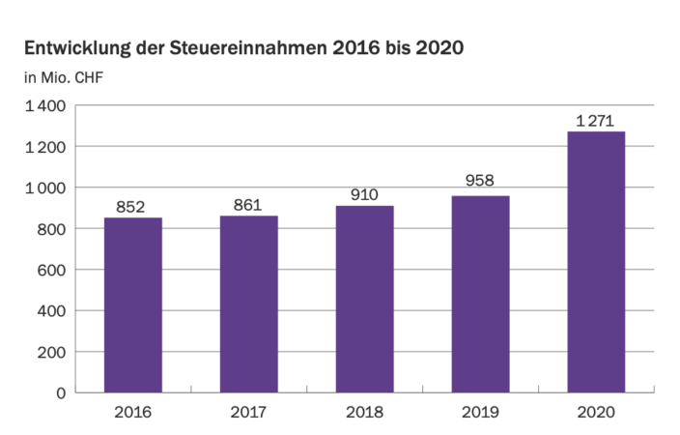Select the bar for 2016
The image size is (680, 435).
133,304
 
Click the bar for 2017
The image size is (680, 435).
248,304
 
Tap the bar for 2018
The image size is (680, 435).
364,299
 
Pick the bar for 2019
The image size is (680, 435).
480,294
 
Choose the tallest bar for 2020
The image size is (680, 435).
596,262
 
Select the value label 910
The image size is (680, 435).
364,193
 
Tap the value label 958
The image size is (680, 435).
480,184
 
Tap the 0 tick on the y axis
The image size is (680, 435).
61,392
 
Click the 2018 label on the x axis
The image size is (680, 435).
364,413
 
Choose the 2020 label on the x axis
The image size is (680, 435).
596,413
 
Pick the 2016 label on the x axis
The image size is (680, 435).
133,413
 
